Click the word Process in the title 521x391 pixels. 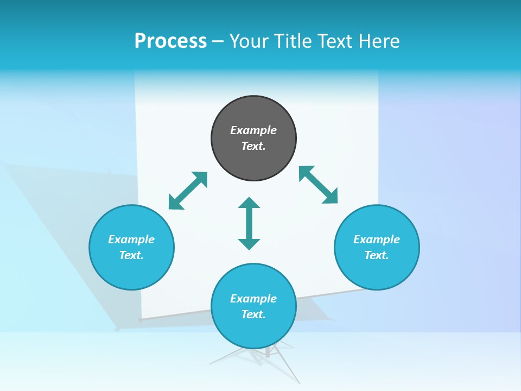click(x=170, y=41)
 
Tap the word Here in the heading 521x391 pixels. click(x=377, y=41)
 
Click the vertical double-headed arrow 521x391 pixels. click(x=249, y=224)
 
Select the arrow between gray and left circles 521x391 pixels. click(x=188, y=191)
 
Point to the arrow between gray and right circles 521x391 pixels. click(x=319, y=185)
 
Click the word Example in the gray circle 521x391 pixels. click(x=253, y=130)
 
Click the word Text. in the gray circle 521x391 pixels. click(x=253, y=146)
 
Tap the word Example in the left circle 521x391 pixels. click(x=131, y=239)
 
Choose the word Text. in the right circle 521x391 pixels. click(x=377, y=255)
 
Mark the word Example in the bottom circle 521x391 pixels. click(x=253, y=299)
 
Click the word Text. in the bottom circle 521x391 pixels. click(x=253, y=314)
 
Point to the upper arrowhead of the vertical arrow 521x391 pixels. click(x=249, y=203)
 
